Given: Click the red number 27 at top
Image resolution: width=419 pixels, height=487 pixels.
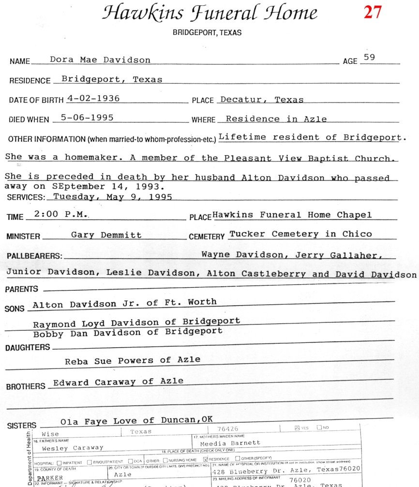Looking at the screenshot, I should [x=373, y=12].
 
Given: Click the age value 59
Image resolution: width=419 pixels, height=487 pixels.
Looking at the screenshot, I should [x=369, y=57].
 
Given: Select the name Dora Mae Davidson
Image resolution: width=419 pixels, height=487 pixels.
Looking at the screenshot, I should [x=100, y=60].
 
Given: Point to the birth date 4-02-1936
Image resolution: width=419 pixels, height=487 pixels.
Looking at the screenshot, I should [x=93, y=98].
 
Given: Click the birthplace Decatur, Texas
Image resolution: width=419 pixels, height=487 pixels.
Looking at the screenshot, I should [x=262, y=100].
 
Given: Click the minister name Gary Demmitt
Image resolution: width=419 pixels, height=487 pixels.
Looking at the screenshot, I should [x=106, y=235].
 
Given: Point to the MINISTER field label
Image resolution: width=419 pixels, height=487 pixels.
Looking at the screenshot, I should [x=24, y=236].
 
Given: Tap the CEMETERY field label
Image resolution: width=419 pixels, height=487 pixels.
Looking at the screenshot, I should [x=207, y=236].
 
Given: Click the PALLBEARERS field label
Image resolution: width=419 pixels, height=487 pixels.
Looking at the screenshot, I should [x=34, y=256].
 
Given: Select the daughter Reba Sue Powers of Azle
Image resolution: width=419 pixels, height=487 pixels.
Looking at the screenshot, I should [x=133, y=360].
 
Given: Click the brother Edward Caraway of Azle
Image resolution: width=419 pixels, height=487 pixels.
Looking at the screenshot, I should [x=118, y=382].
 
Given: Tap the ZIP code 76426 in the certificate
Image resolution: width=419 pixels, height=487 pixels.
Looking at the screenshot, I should [x=228, y=429].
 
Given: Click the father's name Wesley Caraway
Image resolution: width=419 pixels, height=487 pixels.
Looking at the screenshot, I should [x=73, y=448].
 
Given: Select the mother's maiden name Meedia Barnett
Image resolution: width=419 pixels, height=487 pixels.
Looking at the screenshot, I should [x=230, y=443].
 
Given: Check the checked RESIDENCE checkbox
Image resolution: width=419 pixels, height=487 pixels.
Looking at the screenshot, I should [x=205, y=458].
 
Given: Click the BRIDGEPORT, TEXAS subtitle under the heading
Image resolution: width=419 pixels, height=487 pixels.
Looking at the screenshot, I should [x=207, y=33].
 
